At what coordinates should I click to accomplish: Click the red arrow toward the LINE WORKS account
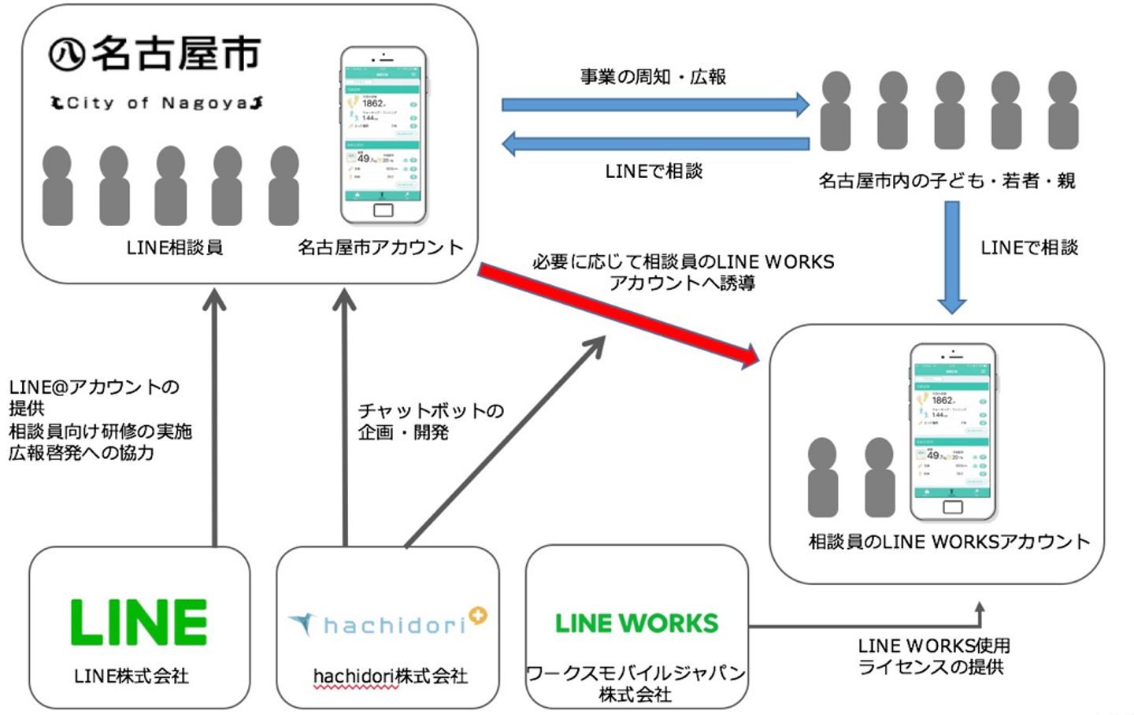pos(618,315)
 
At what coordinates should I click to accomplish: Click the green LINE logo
pos(139,622)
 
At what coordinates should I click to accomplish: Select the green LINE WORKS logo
pos(636,624)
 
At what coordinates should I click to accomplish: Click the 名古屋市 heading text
pos(175,54)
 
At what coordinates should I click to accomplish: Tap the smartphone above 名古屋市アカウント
pos(384,135)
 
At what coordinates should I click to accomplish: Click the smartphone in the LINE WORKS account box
pos(953,432)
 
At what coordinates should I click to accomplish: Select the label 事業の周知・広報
pos(653,77)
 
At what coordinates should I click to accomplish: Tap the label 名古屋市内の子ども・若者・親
pos(947,181)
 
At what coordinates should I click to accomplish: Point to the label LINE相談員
pos(175,248)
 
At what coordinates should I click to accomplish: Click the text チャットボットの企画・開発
pos(430,421)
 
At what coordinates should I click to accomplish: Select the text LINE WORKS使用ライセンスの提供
pos(933,656)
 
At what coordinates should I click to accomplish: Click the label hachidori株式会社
pos(390,676)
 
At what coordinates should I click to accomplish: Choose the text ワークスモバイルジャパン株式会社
pos(636,683)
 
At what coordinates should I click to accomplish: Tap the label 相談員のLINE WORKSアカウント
pos(949,542)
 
